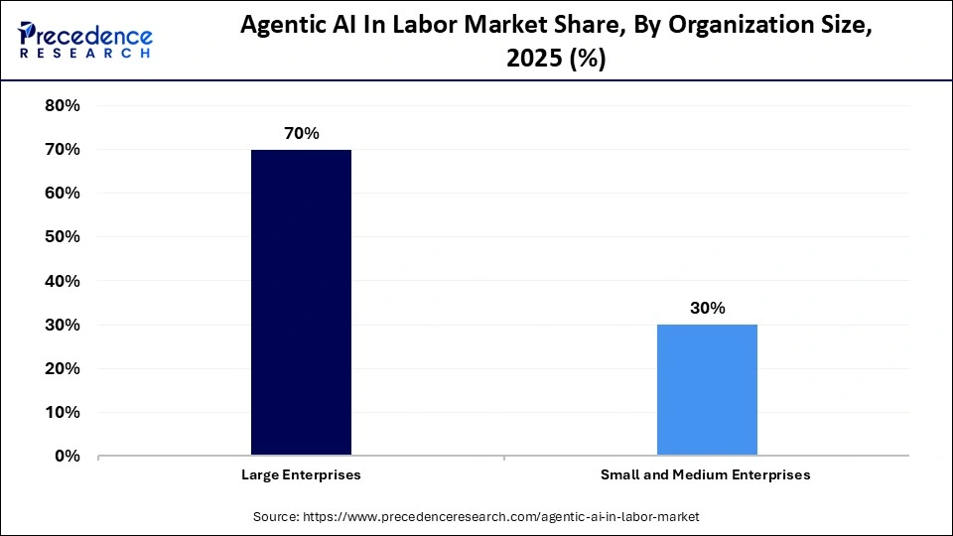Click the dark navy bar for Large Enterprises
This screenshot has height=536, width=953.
(x=301, y=302)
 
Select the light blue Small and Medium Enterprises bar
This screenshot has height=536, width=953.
(x=707, y=389)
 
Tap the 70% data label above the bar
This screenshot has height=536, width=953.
(x=301, y=133)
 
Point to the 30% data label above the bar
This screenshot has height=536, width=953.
(x=707, y=308)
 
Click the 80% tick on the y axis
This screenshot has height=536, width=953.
(x=63, y=105)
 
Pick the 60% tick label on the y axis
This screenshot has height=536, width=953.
(x=63, y=193)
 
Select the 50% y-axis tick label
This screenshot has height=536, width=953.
(x=63, y=236)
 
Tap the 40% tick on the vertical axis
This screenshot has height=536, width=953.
(x=63, y=281)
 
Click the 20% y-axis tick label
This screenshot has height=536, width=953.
(x=63, y=368)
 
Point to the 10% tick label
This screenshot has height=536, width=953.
(x=63, y=412)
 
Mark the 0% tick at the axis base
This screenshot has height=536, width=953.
(x=68, y=456)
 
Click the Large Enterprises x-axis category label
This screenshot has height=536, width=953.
(x=301, y=474)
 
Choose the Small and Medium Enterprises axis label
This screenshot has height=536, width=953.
(x=706, y=474)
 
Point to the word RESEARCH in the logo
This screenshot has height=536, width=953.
(x=85, y=54)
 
